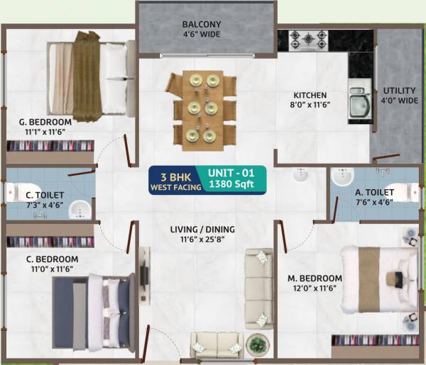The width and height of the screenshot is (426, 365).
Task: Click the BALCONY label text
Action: click(x=202, y=24)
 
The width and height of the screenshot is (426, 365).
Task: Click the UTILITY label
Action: click(x=400, y=91)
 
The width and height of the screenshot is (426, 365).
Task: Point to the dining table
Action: click(x=200, y=110)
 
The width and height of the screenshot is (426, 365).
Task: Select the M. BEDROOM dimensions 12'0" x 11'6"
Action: click(x=315, y=289)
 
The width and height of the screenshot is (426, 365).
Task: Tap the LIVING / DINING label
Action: click(x=202, y=229)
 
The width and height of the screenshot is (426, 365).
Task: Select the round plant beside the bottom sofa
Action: click(x=254, y=345)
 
